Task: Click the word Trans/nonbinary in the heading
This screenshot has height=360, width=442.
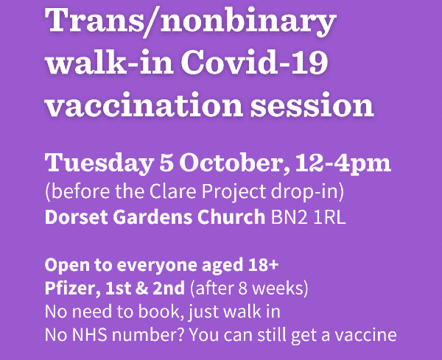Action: (191, 21)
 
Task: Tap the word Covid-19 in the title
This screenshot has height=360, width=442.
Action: (254, 62)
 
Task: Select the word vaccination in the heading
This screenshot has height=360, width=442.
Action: (144, 105)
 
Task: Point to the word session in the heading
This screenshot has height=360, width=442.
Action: (312, 105)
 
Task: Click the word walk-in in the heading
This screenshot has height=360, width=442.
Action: (109, 62)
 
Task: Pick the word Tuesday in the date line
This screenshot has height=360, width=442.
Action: (99, 163)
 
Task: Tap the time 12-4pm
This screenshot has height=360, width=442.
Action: (343, 163)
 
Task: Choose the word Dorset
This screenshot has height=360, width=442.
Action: (76, 216)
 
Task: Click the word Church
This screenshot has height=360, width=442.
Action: (231, 216)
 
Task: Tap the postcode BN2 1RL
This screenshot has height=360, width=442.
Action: (308, 217)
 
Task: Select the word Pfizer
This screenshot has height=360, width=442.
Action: (72, 289)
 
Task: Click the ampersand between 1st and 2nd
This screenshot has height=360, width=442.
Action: (141, 289)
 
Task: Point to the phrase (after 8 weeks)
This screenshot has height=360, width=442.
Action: (249, 289)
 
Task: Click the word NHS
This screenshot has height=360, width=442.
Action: (90, 335)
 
